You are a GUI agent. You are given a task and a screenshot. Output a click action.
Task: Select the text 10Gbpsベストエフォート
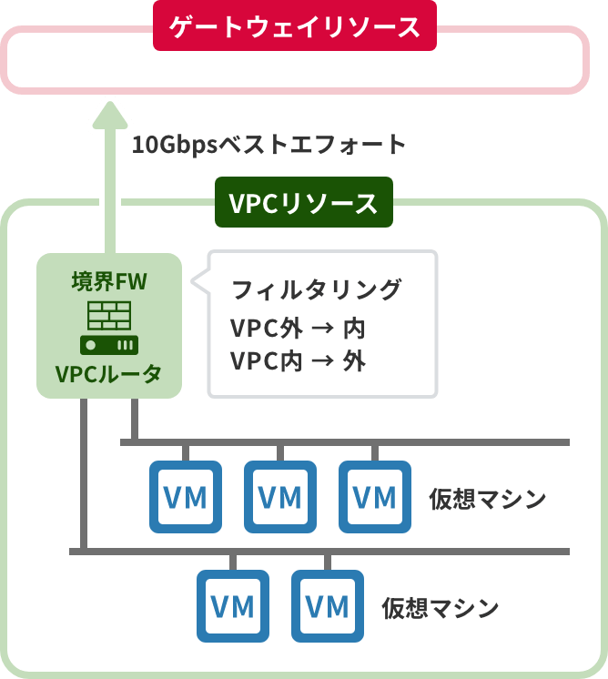click(269, 145)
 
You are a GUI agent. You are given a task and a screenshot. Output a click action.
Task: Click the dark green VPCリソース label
click(303, 202)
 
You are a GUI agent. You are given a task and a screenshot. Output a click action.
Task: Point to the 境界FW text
click(109, 281)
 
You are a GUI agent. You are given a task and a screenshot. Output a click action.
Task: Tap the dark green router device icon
click(109, 345)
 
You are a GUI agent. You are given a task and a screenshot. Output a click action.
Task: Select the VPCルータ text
click(109, 374)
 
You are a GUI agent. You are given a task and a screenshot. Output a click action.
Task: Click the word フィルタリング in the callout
click(316, 290)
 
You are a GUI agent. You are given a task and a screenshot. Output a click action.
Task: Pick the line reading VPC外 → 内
click(298, 328)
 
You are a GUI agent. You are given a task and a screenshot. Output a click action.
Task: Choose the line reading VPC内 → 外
click(298, 361)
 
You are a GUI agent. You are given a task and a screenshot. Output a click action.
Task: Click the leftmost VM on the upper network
click(185, 497)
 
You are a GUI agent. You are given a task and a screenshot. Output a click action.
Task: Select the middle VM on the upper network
click(279, 497)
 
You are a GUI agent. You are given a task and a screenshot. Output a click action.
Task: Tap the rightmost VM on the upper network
click(374, 497)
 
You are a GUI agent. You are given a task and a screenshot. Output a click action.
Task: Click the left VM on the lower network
click(232, 606)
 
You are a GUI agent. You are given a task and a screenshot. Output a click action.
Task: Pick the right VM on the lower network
click(327, 606)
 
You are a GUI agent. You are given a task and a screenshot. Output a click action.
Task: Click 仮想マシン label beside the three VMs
click(487, 500)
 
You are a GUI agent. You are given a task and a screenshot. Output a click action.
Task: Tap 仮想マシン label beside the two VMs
click(441, 608)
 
